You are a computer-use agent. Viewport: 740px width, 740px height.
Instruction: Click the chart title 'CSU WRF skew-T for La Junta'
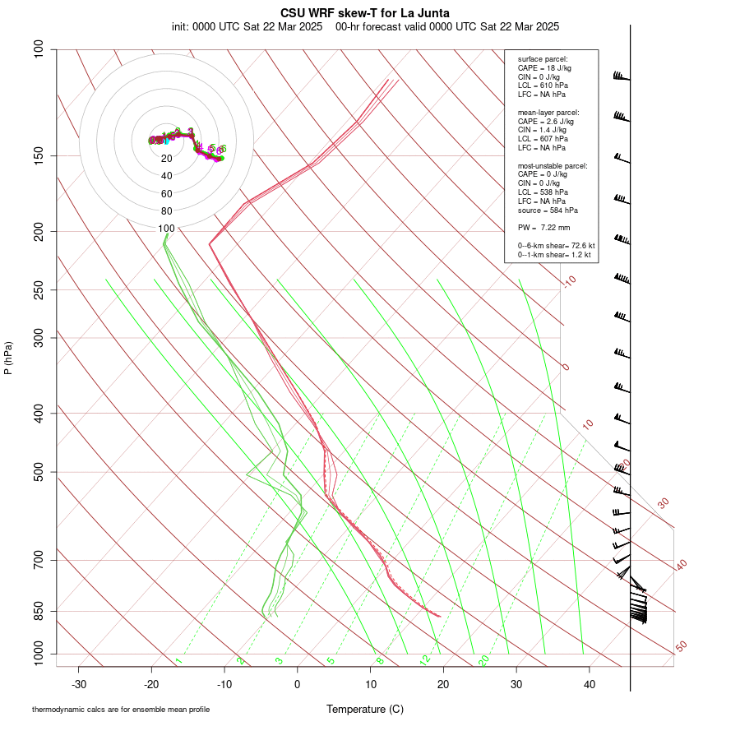point(365,12)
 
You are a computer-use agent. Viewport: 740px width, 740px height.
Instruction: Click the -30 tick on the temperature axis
point(79,684)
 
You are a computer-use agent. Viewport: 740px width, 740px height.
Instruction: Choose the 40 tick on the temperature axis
point(590,684)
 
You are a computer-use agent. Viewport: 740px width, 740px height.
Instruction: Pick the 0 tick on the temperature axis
point(298,684)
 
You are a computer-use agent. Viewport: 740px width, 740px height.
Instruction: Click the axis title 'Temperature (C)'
point(365,709)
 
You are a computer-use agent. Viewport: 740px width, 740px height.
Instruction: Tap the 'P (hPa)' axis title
point(8,358)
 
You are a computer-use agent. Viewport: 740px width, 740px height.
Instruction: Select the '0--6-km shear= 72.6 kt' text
point(555,246)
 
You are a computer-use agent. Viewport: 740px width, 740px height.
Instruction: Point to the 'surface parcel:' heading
point(542,59)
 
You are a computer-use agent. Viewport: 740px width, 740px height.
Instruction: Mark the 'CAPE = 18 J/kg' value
point(543,67)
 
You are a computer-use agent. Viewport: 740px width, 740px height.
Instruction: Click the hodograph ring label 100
point(167,229)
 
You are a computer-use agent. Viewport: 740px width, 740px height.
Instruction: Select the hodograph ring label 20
point(167,158)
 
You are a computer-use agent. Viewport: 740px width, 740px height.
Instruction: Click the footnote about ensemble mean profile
point(121,709)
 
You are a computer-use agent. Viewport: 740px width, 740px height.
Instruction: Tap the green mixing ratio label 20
point(484,659)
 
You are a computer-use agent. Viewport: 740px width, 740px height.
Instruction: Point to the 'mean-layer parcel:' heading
point(548,112)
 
